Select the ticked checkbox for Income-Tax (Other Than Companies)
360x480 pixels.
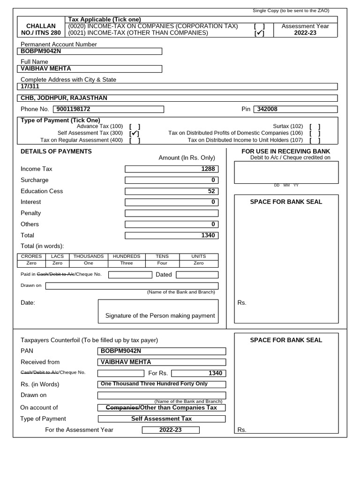[x=259, y=33]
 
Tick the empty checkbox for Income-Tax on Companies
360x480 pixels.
[x=259, y=26]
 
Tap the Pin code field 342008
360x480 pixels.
[x=295, y=109]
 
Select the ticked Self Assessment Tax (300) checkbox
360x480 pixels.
[x=135, y=133]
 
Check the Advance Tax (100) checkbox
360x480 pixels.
[x=135, y=127]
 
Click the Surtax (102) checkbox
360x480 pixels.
[x=315, y=127]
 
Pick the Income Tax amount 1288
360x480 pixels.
[x=172, y=169]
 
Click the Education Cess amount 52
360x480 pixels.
[x=172, y=191]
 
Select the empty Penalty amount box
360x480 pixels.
[x=172, y=213]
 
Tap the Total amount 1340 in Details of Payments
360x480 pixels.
[x=172, y=235]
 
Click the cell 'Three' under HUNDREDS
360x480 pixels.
[x=127, y=263]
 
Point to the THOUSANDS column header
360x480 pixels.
[x=89, y=256]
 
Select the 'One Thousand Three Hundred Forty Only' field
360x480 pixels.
[x=161, y=384]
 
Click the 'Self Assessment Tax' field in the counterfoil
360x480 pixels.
[x=161, y=419]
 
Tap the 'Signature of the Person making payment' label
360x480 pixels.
[x=160, y=315]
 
